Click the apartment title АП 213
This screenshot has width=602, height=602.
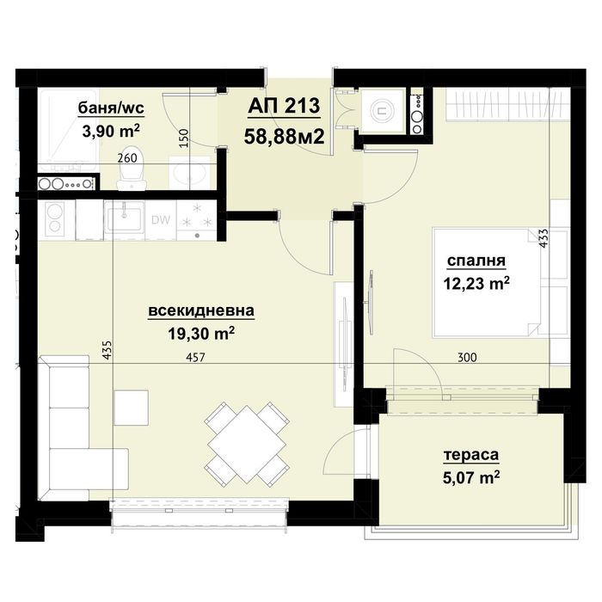coord(284,107)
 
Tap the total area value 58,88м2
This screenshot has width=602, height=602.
coord(284,135)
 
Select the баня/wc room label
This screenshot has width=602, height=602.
coord(109,108)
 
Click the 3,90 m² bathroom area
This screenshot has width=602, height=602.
coord(110,131)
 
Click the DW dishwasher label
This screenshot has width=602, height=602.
coord(160,219)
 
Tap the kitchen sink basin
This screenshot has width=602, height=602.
coord(127,217)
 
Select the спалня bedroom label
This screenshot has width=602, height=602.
coord(475,261)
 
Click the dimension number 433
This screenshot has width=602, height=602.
coord(544,238)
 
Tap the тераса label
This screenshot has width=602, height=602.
coord(471,455)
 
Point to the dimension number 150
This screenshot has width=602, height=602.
coord(183,137)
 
